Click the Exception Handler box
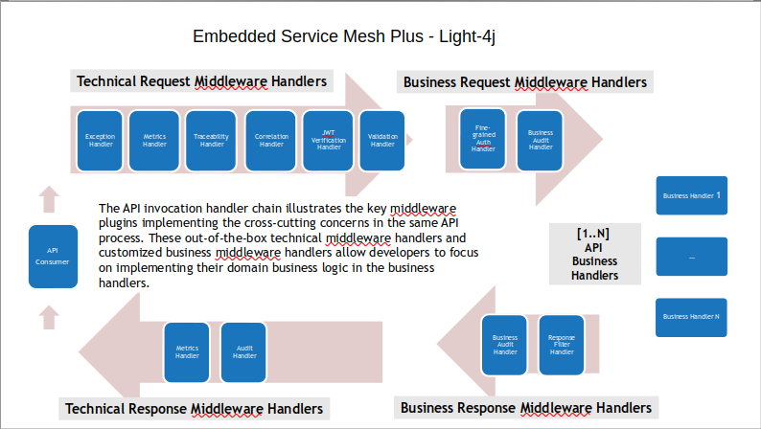point(101,141)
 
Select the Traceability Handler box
point(212,141)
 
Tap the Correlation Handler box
point(271,141)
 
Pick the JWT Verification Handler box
point(329,141)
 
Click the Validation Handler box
point(382,141)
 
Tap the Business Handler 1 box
point(691,195)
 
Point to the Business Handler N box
point(691,317)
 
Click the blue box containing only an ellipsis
point(691,257)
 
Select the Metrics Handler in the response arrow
point(187,351)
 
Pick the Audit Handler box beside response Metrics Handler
point(244,351)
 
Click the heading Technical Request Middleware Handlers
point(201,81)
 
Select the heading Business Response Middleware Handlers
point(526,408)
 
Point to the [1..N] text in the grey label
point(594,233)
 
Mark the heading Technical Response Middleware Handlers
point(194,409)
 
